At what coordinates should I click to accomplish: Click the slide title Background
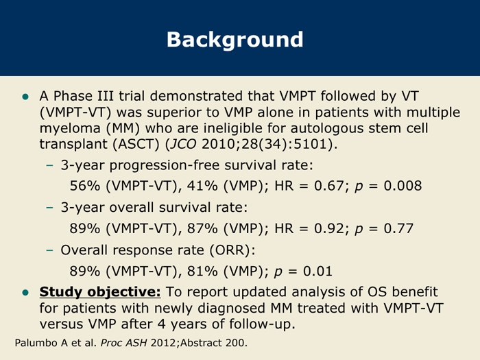point(235,40)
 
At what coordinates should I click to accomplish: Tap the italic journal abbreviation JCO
point(183,144)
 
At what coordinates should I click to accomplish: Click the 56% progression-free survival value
point(85,186)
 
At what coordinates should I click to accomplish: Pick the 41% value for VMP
point(202,186)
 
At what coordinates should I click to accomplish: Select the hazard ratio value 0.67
point(329,186)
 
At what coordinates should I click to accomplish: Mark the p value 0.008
point(403,186)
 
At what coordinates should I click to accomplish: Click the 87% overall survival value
point(202,228)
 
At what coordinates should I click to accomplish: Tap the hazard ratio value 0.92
point(329,228)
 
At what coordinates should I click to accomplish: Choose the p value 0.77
point(398,228)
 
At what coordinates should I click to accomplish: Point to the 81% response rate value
point(202,272)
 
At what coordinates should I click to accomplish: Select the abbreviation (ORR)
point(232,250)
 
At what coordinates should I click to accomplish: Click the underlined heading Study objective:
point(100,291)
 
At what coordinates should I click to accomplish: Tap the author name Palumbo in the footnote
point(37,343)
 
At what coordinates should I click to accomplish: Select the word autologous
point(327,129)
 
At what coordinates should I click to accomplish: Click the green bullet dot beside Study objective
point(25,293)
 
